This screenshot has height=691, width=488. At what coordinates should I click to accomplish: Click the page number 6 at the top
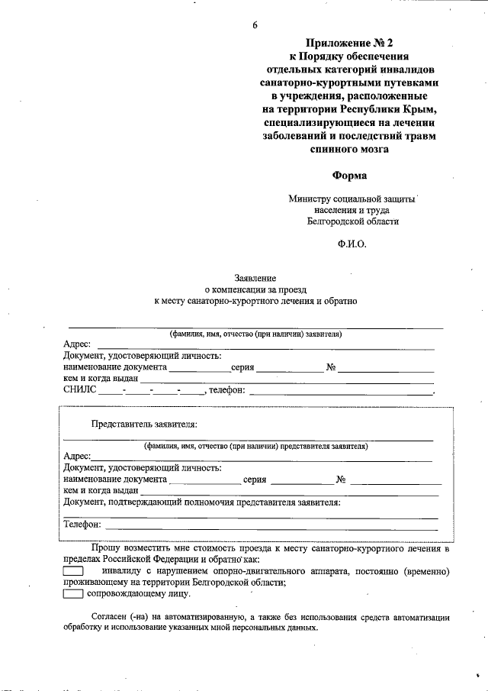tap(255, 25)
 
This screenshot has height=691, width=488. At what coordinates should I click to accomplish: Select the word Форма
tap(350, 175)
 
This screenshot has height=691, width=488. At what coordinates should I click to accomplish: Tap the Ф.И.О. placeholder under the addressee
tap(352, 244)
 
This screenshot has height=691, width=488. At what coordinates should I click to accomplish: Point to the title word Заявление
tap(255, 279)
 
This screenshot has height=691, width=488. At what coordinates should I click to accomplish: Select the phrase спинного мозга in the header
tap(350, 149)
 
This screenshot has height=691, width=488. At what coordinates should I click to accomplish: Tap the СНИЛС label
tap(80, 390)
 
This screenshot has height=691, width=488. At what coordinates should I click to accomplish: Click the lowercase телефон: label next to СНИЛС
tap(226, 390)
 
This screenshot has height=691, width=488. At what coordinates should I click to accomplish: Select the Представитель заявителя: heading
tap(144, 423)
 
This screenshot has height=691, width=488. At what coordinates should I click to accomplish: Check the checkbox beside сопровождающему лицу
tap(72, 593)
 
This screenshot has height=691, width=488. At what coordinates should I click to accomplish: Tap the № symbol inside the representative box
tap(341, 480)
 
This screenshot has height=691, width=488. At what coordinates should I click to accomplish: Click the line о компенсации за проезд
tap(255, 290)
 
